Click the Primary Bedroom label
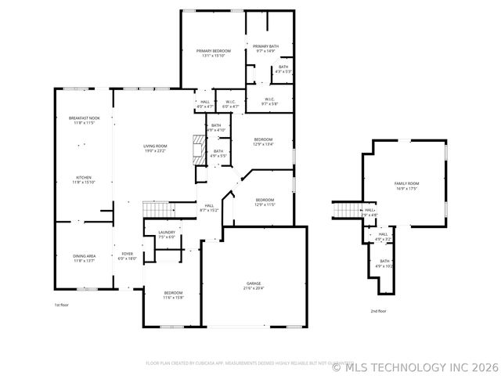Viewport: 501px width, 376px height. pyautogui.click(x=214, y=51)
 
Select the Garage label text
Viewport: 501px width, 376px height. pyautogui.click(x=254, y=284)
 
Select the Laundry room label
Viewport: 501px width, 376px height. pyautogui.click(x=166, y=233)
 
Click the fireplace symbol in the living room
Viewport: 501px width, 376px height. pyautogui.click(x=200, y=147)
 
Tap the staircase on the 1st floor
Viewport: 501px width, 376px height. pyautogui.click(x=157, y=209)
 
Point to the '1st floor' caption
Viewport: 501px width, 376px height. pyautogui.click(x=61, y=305)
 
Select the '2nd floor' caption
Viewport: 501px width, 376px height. pyautogui.click(x=378, y=311)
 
